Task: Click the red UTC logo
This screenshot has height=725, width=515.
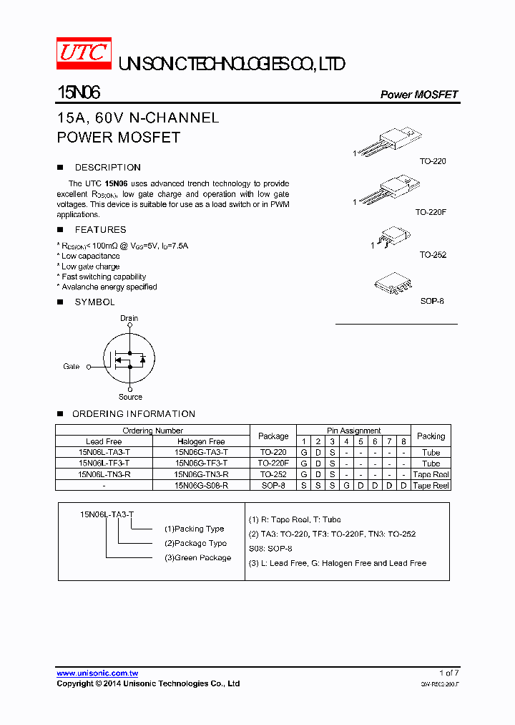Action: (84, 54)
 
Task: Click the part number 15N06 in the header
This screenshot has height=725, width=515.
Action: (78, 93)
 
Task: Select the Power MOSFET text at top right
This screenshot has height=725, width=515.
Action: (418, 95)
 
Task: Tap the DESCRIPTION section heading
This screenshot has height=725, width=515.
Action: (107, 168)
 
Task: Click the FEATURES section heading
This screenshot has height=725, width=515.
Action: (100, 230)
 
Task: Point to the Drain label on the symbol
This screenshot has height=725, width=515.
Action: (129, 318)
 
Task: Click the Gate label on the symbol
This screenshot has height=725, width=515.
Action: (72, 366)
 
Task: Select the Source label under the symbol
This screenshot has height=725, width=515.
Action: (130, 397)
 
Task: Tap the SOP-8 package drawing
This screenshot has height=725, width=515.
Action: (393, 282)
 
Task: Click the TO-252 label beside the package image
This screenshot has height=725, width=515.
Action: (433, 255)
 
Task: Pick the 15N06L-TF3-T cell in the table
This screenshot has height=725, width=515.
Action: (104, 464)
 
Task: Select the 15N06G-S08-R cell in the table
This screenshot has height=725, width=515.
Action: (201, 486)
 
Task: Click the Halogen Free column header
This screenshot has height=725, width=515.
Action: (201, 441)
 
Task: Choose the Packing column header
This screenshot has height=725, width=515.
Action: (431, 436)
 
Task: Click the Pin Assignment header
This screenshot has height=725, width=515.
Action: (354, 431)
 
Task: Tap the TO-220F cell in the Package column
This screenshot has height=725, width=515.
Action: (273, 464)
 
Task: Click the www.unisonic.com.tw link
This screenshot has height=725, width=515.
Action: (97, 673)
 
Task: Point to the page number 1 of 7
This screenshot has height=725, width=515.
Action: (448, 673)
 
